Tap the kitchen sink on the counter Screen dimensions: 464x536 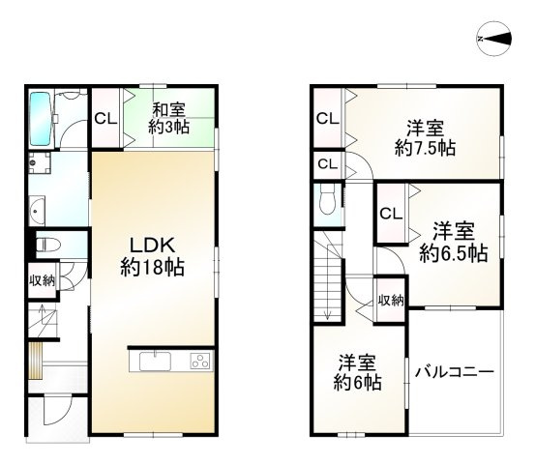(154, 362)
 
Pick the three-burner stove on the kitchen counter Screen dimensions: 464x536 (198, 362)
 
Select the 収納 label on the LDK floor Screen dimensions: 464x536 (42, 280)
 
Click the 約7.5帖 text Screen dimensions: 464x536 (426, 148)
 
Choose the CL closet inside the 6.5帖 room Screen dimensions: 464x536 (391, 214)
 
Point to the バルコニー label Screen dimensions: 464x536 (455, 372)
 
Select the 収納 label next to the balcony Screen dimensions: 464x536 (391, 301)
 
